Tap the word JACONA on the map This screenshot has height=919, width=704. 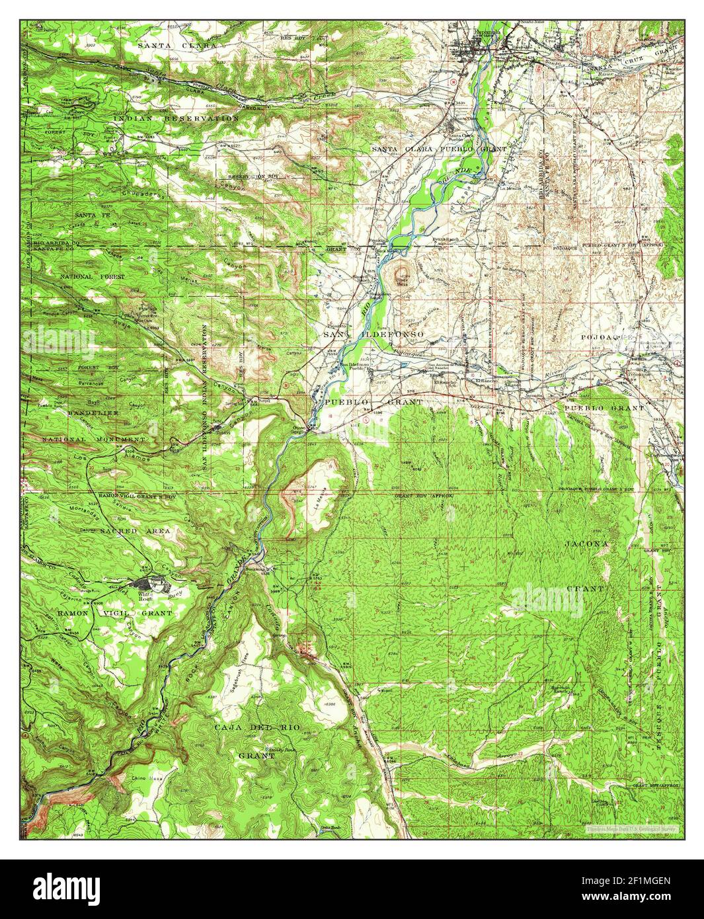click(585, 543)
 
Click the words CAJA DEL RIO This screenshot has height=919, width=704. click(257, 727)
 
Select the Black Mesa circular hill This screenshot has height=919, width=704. click(401, 272)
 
